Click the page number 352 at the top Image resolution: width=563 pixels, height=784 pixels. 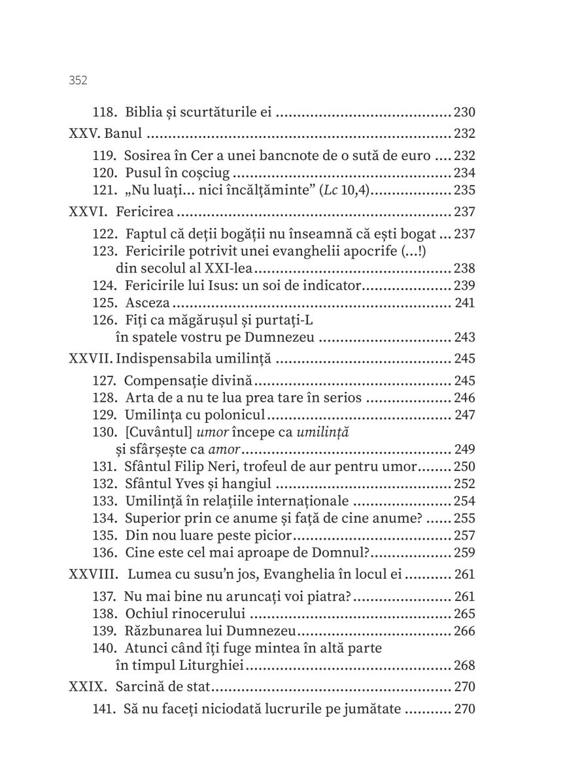click(78, 80)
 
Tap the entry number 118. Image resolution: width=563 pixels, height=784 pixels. click(105, 112)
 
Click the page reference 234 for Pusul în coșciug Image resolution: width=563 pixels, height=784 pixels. click(464, 173)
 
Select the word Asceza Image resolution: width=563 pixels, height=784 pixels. click(146, 302)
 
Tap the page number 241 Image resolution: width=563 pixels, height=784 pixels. click(464, 302)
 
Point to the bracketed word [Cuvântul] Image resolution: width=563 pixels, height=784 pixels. click(151, 433)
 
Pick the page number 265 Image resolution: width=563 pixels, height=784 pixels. click(464, 613)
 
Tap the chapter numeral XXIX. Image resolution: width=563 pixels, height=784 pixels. click(87, 687)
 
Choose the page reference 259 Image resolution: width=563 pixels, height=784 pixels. click(464, 553)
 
